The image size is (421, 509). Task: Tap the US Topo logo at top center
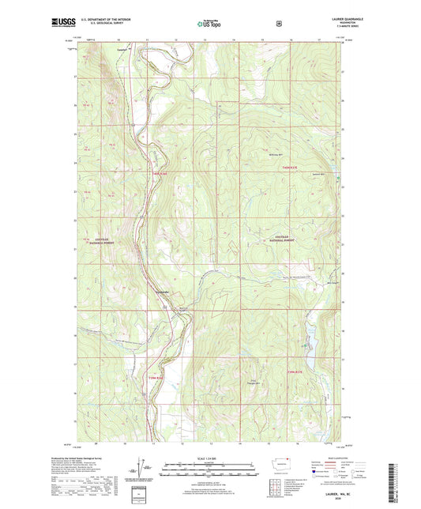pos(210,25)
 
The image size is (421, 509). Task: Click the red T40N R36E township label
pos(160,175)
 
